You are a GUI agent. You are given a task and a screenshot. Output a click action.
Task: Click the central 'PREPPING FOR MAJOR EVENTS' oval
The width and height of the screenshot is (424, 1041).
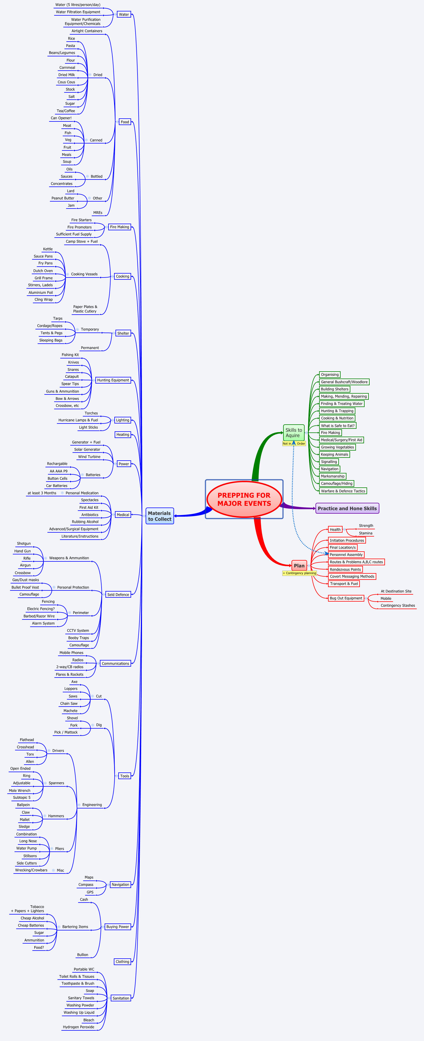pyautogui.click(x=244, y=499)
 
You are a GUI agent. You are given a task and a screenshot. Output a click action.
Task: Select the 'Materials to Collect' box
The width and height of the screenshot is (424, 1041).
pyautogui.click(x=160, y=516)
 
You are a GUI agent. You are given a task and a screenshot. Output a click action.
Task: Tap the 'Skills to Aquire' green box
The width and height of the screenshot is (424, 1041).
pyautogui.click(x=293, y=432)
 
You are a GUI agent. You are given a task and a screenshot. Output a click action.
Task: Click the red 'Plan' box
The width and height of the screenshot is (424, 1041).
pyautogui.click(x=299, y=565)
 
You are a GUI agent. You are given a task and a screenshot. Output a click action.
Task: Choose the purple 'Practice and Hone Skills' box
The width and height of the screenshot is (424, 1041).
pyautogui.click(x=347, y=508)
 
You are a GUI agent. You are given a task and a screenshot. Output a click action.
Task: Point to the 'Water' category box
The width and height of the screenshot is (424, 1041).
pyautogui.click(x=124, y=15)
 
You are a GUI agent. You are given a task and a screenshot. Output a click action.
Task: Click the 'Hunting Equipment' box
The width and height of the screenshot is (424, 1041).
pyautogui.click(x=113, y=380)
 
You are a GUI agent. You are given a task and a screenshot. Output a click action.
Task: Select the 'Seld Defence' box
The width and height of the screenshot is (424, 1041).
pyautogui.click(x=118, y=594)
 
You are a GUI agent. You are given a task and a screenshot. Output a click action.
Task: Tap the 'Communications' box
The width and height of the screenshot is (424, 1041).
pyautogui.click(x=115, y=663)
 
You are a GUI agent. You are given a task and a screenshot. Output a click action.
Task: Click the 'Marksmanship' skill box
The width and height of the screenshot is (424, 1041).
pyautogui.click(x=332, y=476)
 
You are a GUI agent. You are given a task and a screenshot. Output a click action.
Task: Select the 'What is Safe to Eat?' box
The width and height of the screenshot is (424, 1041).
pyautogui.click(x=338, y=425)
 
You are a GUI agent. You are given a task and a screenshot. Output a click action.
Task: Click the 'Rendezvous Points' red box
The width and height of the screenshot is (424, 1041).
pyautogui.click(x=345, y=569)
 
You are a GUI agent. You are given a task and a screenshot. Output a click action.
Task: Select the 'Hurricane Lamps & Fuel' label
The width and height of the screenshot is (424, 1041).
pyautogui.click(x=78, y=420)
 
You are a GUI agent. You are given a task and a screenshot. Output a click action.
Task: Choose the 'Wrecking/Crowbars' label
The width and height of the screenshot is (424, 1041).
pyautogui.click(x=31, y=870)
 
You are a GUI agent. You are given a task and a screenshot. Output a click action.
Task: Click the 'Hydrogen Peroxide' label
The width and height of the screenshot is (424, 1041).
pyautogui.click(x=78, y=1027)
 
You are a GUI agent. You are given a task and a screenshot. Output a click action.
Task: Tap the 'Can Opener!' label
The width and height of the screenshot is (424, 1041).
pyautogui.click(x=61, y=118)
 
